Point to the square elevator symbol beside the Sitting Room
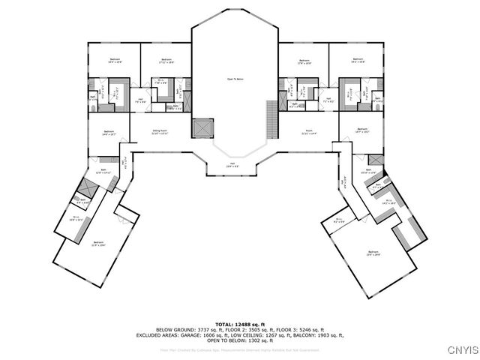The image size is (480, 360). (x=202, y=128)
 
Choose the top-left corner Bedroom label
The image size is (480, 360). (x=115, y=60)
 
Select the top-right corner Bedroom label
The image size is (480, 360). (x=358, y=60)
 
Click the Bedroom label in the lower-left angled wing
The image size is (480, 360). (x=98, y=243)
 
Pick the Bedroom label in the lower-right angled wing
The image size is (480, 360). (x=373, y=251)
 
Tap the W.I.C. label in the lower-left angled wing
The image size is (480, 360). (x=73, y=220)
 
